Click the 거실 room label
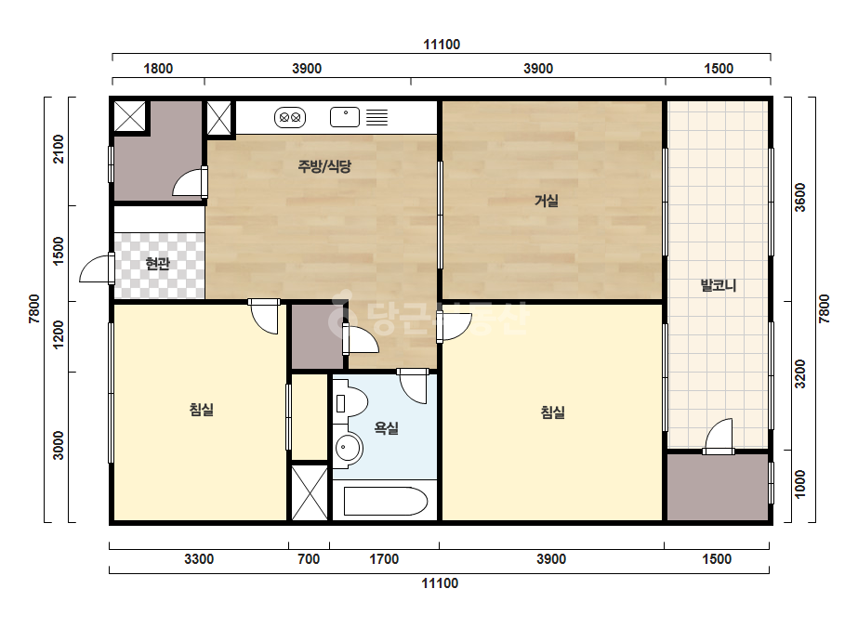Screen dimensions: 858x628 [546, 201]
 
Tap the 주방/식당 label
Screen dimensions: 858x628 [324, 165]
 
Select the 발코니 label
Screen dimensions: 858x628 [719, 285]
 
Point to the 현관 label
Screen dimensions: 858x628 [158, 264]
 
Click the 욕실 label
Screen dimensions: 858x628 [387, 427]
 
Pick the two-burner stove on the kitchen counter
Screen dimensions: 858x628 [290, 117]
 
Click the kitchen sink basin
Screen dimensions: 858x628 [345, 117]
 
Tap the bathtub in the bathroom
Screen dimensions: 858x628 [385, 501]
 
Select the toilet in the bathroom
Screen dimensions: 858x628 [350, 403]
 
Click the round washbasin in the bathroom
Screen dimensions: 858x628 [347, 449]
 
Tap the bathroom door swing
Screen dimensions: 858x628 [413, 386]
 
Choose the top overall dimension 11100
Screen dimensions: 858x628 [442, 45]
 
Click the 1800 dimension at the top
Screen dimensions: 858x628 [158, 69]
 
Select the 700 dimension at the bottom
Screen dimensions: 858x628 [309, 559]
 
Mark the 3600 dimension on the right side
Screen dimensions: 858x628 [800, 198]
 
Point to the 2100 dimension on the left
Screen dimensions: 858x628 [58, 149]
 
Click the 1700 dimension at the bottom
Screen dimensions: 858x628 [384, 559]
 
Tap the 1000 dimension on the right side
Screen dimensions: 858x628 [800, 484]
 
